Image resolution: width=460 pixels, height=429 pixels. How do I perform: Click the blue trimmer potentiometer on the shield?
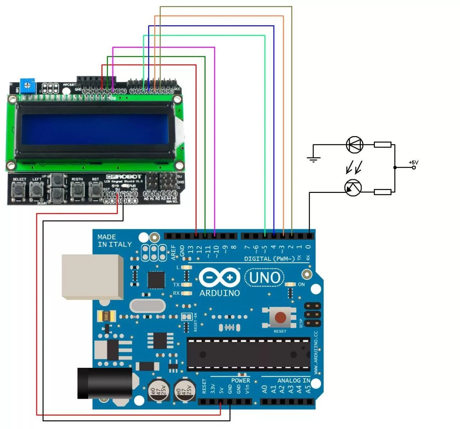coord(28,86)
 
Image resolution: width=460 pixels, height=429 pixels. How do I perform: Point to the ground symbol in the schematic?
coord(313,159)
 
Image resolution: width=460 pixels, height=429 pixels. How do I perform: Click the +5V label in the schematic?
coord(414,162)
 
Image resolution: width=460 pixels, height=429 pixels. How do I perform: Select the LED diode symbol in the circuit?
coord(354,145)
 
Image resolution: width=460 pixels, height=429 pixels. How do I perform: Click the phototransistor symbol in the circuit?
coord(353,188)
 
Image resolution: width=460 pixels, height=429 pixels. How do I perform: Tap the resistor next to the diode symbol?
coord(382,145)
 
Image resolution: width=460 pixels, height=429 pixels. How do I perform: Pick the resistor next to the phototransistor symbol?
coord(382,192)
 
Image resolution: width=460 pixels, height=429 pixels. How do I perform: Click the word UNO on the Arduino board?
coord(264,278)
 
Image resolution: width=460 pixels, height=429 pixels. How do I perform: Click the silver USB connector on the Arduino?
coord(92,276)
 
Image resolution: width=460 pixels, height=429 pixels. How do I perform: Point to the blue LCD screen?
coord(95,128)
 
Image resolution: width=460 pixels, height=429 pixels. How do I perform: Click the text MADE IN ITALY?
coord(115,241)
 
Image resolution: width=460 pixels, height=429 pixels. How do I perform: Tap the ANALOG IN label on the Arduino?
coord(294,380)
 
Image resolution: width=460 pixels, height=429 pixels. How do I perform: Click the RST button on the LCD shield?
coord(96,190)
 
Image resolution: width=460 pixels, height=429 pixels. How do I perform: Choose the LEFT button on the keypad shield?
coord(36,190)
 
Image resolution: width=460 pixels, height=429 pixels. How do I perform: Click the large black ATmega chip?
coord(248,355)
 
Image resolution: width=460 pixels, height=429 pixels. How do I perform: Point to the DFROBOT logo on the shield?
coord(124,177)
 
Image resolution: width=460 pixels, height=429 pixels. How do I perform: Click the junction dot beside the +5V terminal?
coord(395,167)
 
